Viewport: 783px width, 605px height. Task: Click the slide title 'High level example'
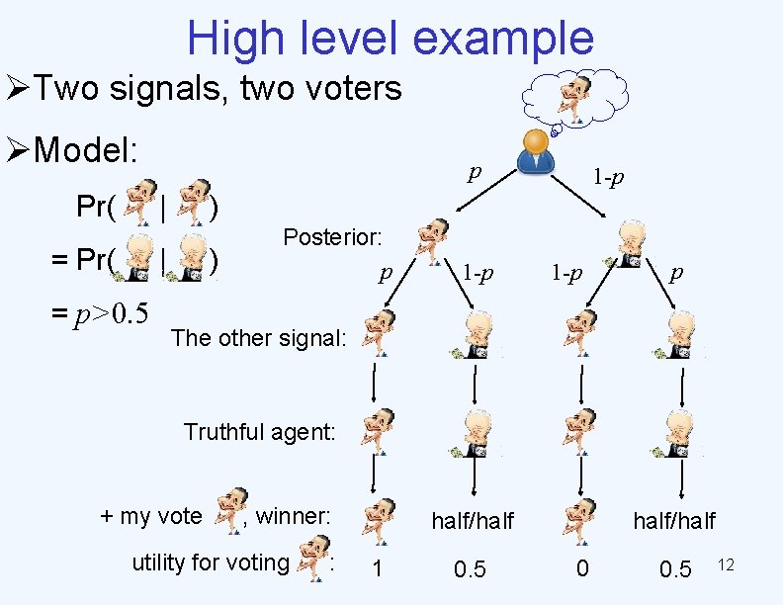coord(391,38)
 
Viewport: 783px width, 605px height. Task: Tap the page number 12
coord(725,563)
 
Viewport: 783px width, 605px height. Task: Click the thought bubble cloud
coord(571,97)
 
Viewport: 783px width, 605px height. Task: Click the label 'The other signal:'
coord(259,338)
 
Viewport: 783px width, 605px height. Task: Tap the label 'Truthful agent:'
coord(261,432)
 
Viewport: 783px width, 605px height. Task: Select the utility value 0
coord(582,568)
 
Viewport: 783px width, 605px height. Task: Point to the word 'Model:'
coord(85,150)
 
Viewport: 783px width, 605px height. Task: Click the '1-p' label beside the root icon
coord(608,178)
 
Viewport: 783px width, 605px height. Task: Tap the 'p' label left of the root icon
coord(475,172)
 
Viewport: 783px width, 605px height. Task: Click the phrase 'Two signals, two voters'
coord(217,89)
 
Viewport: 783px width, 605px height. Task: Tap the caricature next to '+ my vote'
coord(230,510)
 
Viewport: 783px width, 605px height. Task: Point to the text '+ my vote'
coord(151,515)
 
